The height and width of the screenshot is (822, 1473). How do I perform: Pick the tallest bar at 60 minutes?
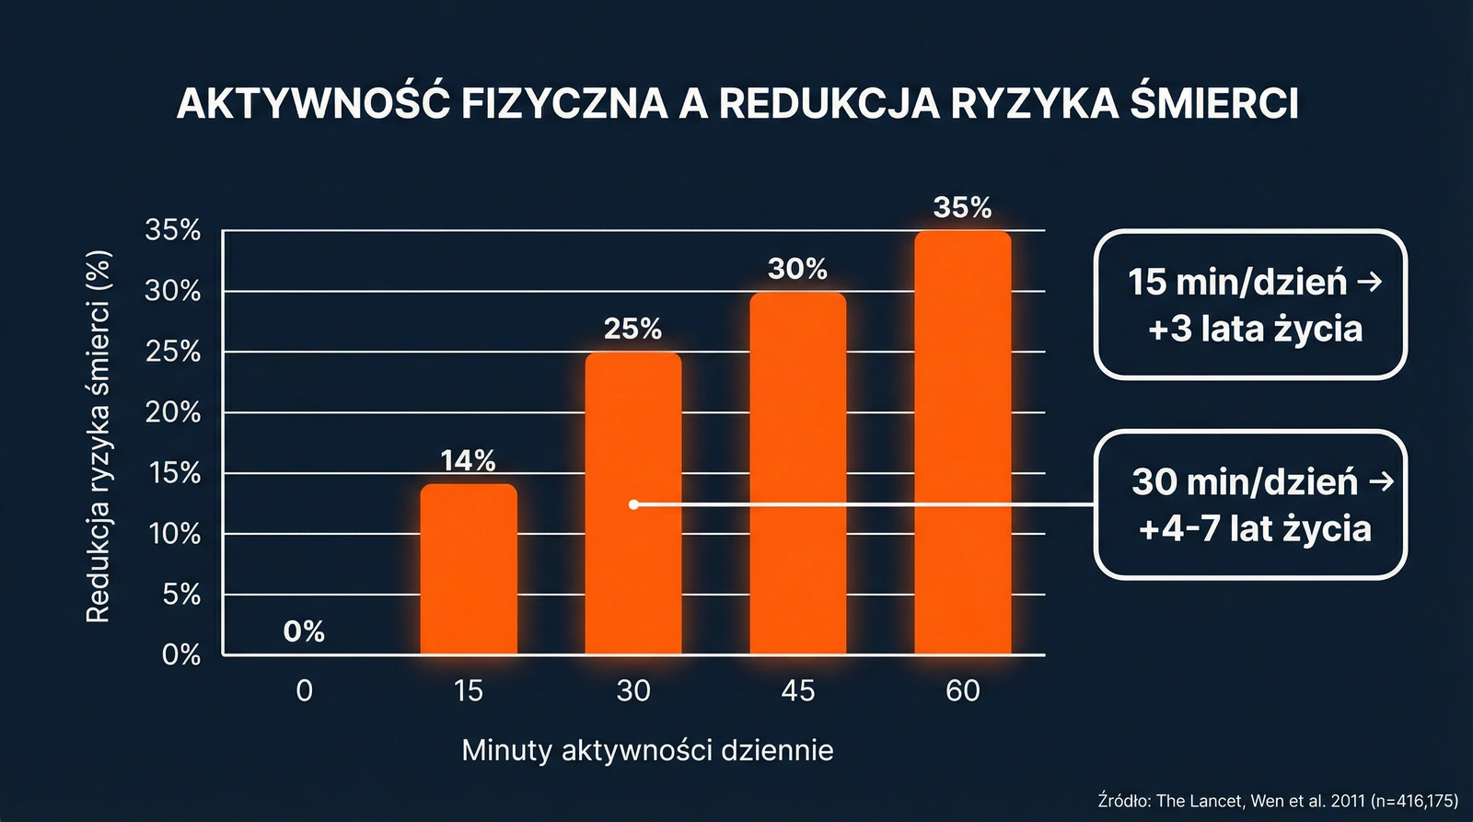point(962,443)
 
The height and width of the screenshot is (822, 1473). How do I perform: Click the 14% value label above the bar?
point(469,460)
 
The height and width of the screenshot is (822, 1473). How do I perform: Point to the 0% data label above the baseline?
point(304,631)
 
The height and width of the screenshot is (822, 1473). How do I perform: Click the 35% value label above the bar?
point(962,208)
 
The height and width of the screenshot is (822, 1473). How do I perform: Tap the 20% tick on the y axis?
point(173,412)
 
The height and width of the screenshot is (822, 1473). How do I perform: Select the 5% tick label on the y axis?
point(181,595)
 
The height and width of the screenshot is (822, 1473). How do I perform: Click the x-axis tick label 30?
point(633,690)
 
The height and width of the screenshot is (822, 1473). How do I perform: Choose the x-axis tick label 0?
point(305,690)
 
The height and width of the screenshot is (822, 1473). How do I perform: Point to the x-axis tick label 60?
point(962,690)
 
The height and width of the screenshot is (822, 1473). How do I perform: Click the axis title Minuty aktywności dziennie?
point(647,750)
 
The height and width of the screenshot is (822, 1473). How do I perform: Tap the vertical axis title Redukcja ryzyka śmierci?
point(99,436)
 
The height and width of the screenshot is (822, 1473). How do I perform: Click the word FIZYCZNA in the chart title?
point(563,104)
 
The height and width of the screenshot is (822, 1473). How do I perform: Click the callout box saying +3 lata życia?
point(1250,305)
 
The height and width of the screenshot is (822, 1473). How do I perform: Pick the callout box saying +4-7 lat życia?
point(1250,504)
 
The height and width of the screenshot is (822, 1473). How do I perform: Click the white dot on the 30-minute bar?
point(633,504)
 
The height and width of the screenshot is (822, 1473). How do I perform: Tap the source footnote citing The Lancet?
point(1278,801)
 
